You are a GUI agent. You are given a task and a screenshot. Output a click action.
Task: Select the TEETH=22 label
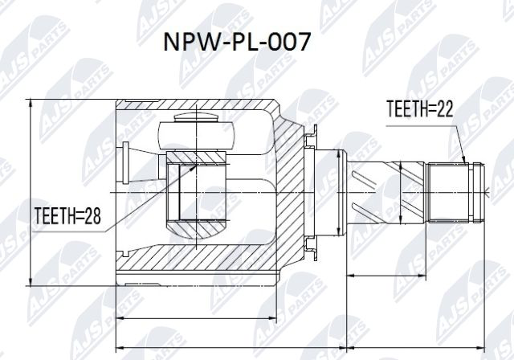tap(419, 110)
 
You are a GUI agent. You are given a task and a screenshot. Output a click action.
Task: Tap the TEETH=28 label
tap(68, 215)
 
